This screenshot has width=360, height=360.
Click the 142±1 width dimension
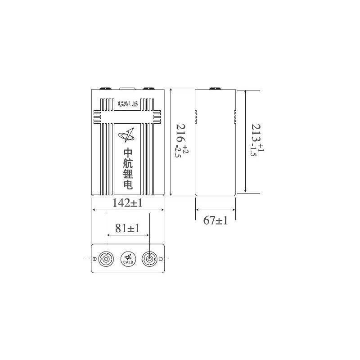pyautogui.click(x=127, y=203)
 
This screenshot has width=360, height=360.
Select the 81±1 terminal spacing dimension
pyautogui.click(x=127, y=228)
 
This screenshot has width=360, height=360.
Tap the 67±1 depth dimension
pyautogui.click(x=216, y=220)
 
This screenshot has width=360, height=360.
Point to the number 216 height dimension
pyautogui.click(x=181, y=133)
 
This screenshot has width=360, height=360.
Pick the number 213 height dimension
pyautogui.click(x=256, y=133)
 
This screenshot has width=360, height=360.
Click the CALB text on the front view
pyautogui.click(x=128, y=104)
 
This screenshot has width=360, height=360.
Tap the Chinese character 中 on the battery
pyautogui.click(x=128, y=153)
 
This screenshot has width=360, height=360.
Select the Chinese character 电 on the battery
pyautogui.click(x=128, y=184)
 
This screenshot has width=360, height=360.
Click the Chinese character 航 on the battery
pyautogui.click(x=128, y=163)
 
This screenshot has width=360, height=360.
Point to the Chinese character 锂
pyautogui.click(x=128, y=174)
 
